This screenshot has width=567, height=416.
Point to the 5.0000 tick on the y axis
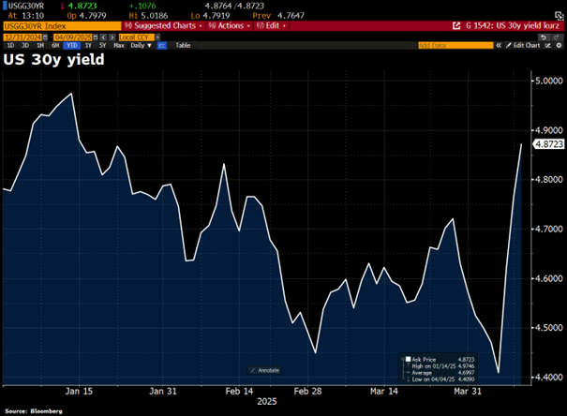pos(547,82)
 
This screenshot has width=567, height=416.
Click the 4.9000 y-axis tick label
pos(547,130)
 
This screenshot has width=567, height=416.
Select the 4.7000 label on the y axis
pos(547,229)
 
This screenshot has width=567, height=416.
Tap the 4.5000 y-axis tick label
pos(547,327)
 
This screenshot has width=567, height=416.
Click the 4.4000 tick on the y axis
pos(547,377)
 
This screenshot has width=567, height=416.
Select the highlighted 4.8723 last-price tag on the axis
pos(548,144)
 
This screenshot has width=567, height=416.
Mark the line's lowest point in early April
pos(499,373)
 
